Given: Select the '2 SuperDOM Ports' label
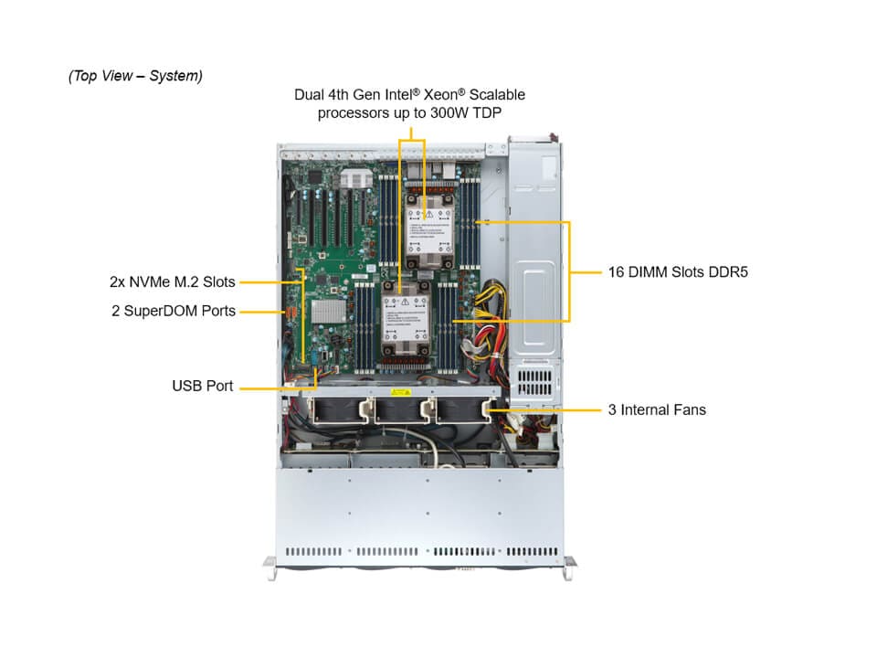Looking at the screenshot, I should (x=174, y=311).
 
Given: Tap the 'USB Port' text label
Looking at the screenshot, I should (x=203, y=386).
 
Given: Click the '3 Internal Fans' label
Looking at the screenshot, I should (x=657, y=409).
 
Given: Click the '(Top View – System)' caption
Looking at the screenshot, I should (x=135, y=76).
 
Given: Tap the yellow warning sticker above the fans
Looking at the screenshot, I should (x=399, y=393).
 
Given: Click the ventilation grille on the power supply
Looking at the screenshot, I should (x=534, y=377).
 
